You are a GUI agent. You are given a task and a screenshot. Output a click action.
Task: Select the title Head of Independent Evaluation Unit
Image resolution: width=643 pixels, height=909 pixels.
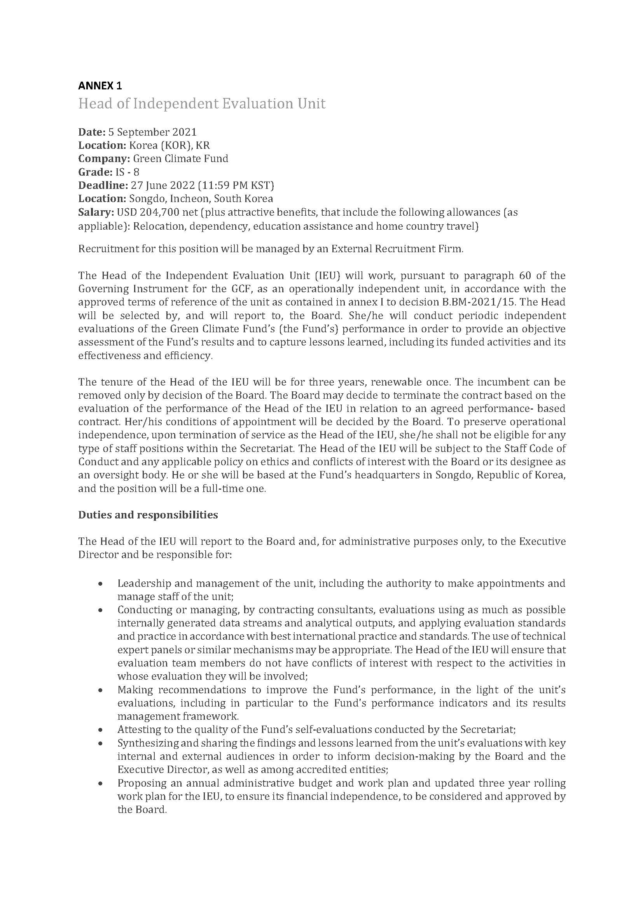coord(201,104)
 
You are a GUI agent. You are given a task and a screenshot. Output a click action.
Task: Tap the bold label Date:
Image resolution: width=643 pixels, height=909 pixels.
coord(92,132)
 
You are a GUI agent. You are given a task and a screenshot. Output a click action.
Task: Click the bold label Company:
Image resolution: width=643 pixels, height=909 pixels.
coord(104,159)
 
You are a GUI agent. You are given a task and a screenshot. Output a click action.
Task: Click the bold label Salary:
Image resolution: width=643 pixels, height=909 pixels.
coord(96,212)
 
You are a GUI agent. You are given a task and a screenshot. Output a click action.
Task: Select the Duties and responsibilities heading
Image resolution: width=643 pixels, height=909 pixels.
coord(148,515)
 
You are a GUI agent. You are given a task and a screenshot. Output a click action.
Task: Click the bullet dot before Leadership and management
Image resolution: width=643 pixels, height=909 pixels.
coord(101,584)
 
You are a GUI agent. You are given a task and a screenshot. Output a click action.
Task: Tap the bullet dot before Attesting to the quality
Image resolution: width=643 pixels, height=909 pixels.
coord(101,730)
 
